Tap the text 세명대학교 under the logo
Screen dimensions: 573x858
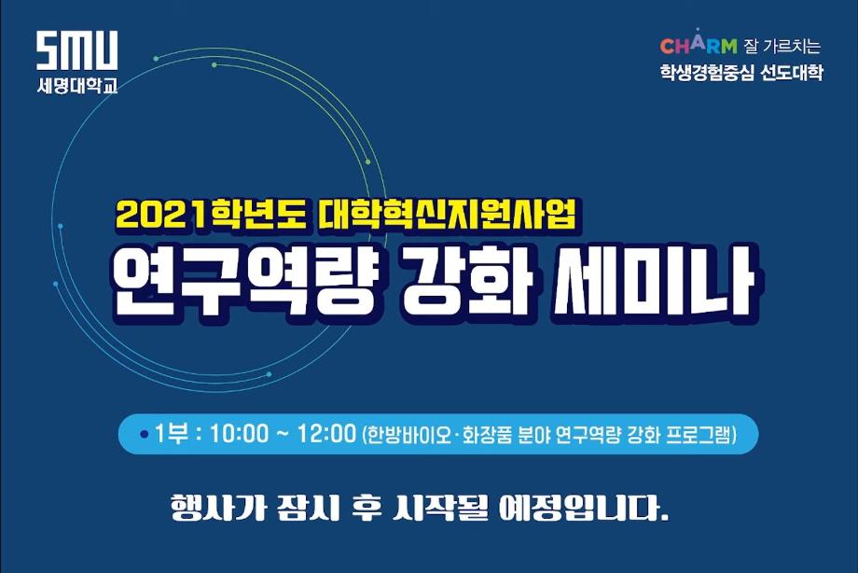77,85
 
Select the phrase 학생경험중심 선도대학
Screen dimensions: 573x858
740,74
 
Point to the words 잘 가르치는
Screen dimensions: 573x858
782,46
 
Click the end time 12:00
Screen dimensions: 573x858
325,434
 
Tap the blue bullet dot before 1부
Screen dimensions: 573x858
144,435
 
